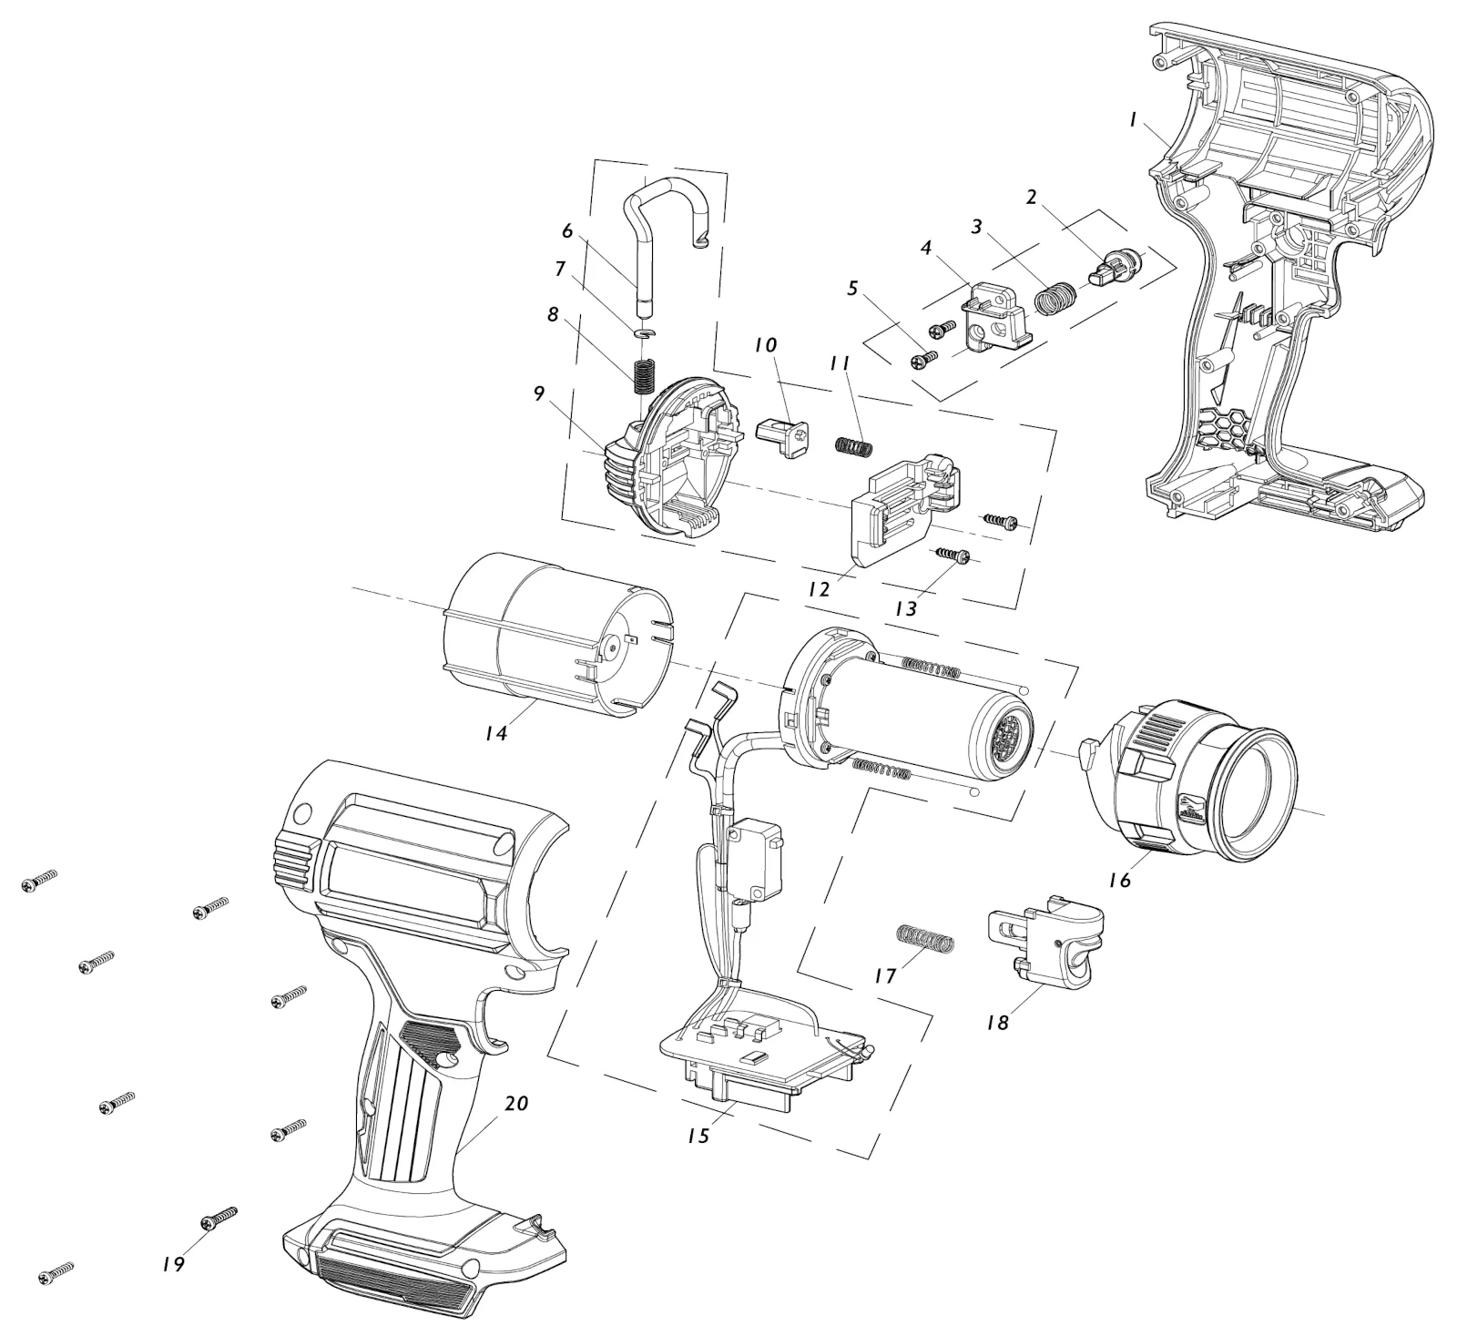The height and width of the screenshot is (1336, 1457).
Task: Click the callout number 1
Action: pyautogui.click(x=1133, y=119)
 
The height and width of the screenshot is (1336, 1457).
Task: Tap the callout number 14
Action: pyautogui.click(x=495, y=731)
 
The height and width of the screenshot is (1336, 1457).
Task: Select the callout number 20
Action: pyautogui.click(x=516, y=1103)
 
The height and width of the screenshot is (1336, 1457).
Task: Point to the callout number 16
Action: pyautogui.click(x=1119, y=880)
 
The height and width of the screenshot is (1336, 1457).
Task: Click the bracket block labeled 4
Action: pyautogui.click(x=995, y=315)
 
